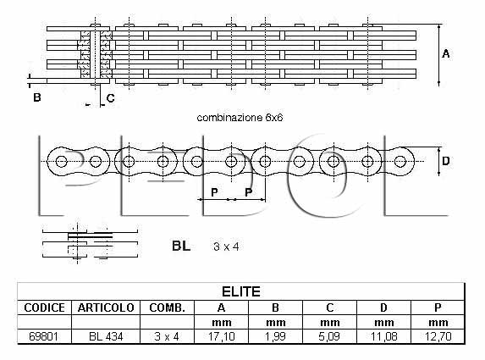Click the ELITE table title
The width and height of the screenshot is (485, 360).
pos(241,291)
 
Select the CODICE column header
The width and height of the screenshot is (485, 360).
pos(45,307)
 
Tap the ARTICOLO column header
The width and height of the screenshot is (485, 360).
pos(106,307)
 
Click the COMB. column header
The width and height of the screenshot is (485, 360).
pos(167,307)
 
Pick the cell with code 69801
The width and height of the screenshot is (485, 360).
pos(44,336)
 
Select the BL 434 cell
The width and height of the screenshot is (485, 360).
pos(106,336)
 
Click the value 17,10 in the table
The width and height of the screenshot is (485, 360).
pos(222,336)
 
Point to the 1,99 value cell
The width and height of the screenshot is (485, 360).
pos(275,336)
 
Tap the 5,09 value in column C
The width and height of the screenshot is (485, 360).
pos(329,336)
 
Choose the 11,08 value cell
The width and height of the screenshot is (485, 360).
pos(384,336)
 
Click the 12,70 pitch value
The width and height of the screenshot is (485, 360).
pos(438,336)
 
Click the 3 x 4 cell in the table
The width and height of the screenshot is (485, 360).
pos(167,336)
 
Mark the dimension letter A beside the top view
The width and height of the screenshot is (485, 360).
pos(446,54)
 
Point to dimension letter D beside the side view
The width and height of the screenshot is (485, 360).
pos(446,161)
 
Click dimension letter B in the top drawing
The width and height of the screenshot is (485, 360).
pos(37,97)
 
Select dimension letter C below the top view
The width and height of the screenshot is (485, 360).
pos(110,98)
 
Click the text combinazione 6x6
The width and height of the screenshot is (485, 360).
pos(240,118)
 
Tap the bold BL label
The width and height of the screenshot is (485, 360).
pos(181,246)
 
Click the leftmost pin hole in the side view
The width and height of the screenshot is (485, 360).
pos(61,161)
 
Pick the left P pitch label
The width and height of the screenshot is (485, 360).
pos(214,192)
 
